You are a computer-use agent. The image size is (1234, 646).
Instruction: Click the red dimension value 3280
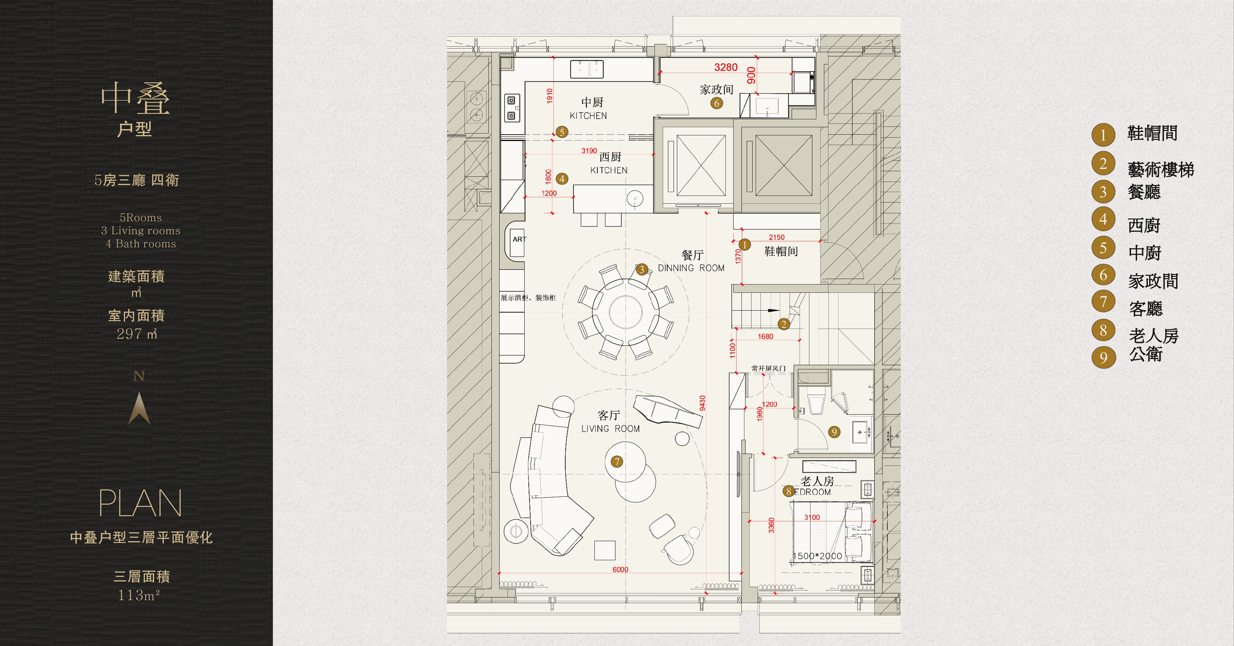pyautogui.click(x=726, y=67)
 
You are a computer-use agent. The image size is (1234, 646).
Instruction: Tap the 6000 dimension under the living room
pyautogui.click(x=620, y=570)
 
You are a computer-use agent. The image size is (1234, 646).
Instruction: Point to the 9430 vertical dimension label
pyautogui.click(x=702, y=403)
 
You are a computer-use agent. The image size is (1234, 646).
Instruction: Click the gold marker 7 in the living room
pyautogui.click(x=616, y=461)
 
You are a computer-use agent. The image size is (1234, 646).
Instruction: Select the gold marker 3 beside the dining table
pyautogui.click(x=642, y=269)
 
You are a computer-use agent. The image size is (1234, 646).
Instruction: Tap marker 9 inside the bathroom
pyautogui.click(x=834, y=432)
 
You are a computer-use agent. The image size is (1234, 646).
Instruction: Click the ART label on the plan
pyautogui.click(x=519, y=239)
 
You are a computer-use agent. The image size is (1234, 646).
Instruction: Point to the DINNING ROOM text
pyautogui.click(x=691, y=268)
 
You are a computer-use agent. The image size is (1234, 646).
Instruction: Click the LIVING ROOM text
pyautogui.click(x=610, y=429)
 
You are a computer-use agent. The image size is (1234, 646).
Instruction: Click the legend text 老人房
pyautogui.click(x=1153, y=336)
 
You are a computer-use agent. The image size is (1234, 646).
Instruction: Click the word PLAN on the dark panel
pyautogui.click(x=140, y=503)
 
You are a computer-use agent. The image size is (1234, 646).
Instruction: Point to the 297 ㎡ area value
pyautogui.click(x=137, y=333)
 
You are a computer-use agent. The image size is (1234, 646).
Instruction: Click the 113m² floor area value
pyautogui.click(x=139, y=595)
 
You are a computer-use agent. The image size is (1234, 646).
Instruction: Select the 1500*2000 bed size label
pyautogui.click(x=817, y=556)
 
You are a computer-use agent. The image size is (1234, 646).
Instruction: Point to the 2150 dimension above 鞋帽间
pyautogui.click(x=777, y=237)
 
